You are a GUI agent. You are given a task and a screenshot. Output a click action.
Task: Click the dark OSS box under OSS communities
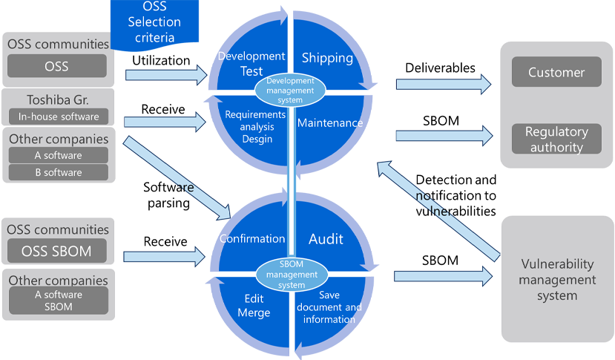pyautogui.click(x=56, y=66)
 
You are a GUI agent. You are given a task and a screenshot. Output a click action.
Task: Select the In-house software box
pyautogui.click(x=58, y=116)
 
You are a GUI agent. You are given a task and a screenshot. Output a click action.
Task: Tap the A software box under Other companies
pyautogui.click(x=58, y=155)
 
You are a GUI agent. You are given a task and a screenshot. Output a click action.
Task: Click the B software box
pyautogui.click(x=58, y=172)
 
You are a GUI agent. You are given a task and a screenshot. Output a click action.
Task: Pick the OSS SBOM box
pyautogui.click(x=58, y=251)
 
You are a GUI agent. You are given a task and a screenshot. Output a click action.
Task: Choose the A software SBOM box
pyautogui.click(x=58, y=301)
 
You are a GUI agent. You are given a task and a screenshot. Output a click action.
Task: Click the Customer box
pyautogui.click(x=556, y=72)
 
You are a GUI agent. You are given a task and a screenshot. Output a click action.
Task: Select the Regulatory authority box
pyautogui.click(x=556, y=139)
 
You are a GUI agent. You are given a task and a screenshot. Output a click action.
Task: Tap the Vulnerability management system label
pyautogui.click(x=556, y=280)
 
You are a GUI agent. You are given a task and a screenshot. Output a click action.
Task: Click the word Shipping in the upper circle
pyautogui.click(x=328, y=58)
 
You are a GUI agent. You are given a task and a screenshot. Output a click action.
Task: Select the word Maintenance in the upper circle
pyautogui.click(x=330, y=122)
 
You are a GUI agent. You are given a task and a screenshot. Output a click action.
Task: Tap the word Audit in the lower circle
pyautogui.click(x=326, y=239)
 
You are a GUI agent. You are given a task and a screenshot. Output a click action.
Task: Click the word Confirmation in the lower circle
pyautogui.click(x=252, y=239)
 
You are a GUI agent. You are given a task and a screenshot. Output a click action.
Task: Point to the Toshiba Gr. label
pyautogui.click(x=58, y=99)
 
